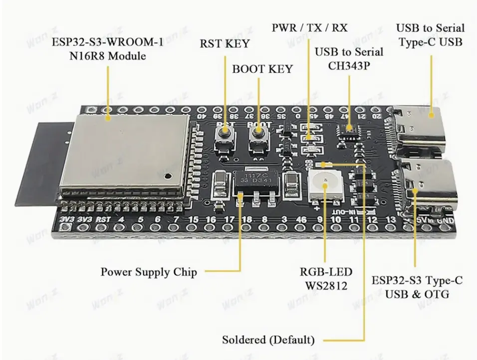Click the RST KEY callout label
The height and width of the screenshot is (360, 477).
(224, 43)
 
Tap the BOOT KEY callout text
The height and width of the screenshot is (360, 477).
(262, 69)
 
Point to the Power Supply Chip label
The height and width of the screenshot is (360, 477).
(149, 272)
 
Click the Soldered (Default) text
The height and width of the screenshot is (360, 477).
(268, 340)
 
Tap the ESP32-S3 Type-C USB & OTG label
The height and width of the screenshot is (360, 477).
(417, 287)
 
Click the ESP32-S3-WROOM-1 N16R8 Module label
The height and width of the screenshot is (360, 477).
(107, 49)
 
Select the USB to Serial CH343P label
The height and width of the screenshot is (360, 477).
(349, 58)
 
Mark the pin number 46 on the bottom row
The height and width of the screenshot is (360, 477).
(302, 220)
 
